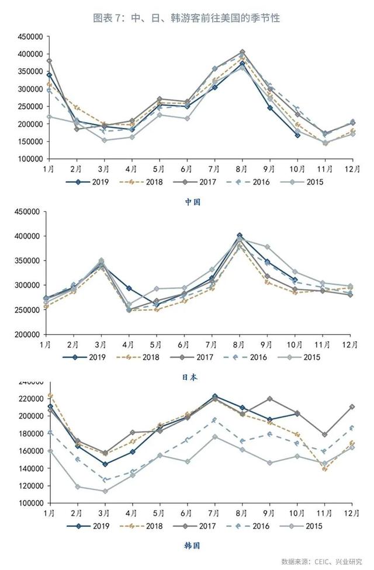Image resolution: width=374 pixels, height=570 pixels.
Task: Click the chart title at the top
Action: tap(187, 18)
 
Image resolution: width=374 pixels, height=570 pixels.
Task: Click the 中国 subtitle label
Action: tap(193, 202)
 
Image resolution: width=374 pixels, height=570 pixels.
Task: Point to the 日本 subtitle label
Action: tap(189, 377)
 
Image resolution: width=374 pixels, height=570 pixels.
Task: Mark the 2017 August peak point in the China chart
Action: tap(242, 52)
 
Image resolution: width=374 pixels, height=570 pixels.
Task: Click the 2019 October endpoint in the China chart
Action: tap(297, 135)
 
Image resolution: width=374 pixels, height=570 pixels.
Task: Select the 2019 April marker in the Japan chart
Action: tap(129, 289)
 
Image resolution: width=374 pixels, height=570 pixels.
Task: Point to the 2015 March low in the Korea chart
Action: tap(105, 491)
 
